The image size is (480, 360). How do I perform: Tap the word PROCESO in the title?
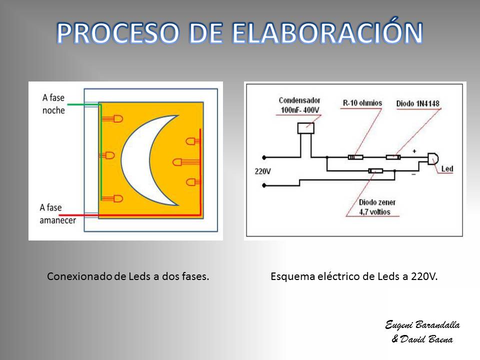click(x=118, y=33)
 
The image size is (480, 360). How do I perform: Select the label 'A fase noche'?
click(x=53, y=104)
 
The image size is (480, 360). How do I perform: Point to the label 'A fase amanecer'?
click(x=57, y=213)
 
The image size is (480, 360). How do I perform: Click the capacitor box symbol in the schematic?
click(x=306, y=128)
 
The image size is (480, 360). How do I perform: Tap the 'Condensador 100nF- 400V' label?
click(x=299, y=105)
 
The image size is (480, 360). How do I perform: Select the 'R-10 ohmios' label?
click(x=362, y=103)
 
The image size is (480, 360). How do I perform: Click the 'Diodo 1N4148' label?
click(x=418, y=103)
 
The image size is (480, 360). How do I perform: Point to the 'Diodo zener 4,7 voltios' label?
click(x=377, y=207)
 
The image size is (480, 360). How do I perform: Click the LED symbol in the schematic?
click(x=433, y=159)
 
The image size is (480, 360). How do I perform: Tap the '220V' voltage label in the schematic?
click(x=262, y=171)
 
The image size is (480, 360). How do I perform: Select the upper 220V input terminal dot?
click(x=264, y=157)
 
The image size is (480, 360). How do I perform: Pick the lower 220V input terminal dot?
click(x=264, y=185)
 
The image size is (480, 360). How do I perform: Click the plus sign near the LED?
click(x=414, y=151)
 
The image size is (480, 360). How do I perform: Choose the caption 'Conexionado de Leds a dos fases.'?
click(x=128, y=276)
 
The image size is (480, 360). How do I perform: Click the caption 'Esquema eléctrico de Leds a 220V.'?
click(x=354, y=276)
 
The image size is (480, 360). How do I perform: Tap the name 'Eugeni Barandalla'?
click(x=422, y=324)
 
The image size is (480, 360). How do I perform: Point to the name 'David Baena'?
click(x=426, y=339)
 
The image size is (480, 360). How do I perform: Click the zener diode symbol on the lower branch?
click(x=375, y=171)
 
